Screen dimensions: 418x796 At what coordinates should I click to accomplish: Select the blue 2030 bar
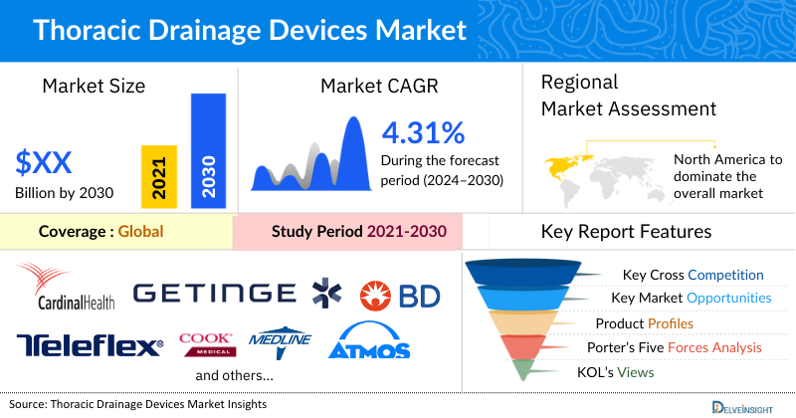pyautogui.click(x=208, y=150)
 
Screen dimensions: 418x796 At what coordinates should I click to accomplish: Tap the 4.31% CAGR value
pyautogui.click(x=423, y=132)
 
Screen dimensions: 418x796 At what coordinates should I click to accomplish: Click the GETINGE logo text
pyautogui.click(x=214, y=293)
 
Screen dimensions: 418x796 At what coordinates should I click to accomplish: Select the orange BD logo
pyautogui.click(x=398, y=294)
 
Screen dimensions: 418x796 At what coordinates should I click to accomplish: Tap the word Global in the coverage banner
pyautogui.click(x=140, y=232)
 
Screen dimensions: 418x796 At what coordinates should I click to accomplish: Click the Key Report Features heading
pyautogui.click(x=626, y=232)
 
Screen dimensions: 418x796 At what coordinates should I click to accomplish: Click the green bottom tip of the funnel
pyautogui.click(x=528, y=370)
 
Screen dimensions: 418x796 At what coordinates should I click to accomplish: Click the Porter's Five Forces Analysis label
pyautogui.click(x=679, y=347)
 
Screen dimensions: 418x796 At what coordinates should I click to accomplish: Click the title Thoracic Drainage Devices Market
pyautogui.click(x=249, y=30)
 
